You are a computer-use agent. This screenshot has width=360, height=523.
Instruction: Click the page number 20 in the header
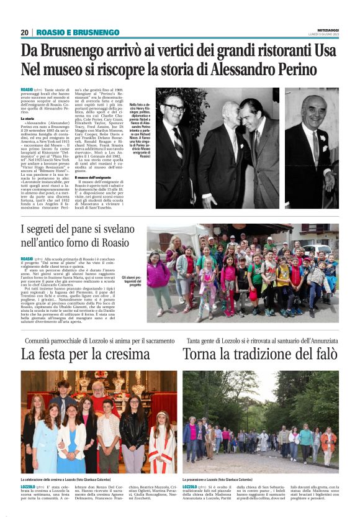(25, 32)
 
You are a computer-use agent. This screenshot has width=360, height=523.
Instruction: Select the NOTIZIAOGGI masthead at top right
(324, 30)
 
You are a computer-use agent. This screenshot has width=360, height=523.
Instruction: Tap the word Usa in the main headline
(323, 51)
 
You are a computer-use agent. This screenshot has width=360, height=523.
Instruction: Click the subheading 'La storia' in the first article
(27, 118)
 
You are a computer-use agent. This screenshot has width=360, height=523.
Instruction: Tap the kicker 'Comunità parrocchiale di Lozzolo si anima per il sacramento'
(100, 340)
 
